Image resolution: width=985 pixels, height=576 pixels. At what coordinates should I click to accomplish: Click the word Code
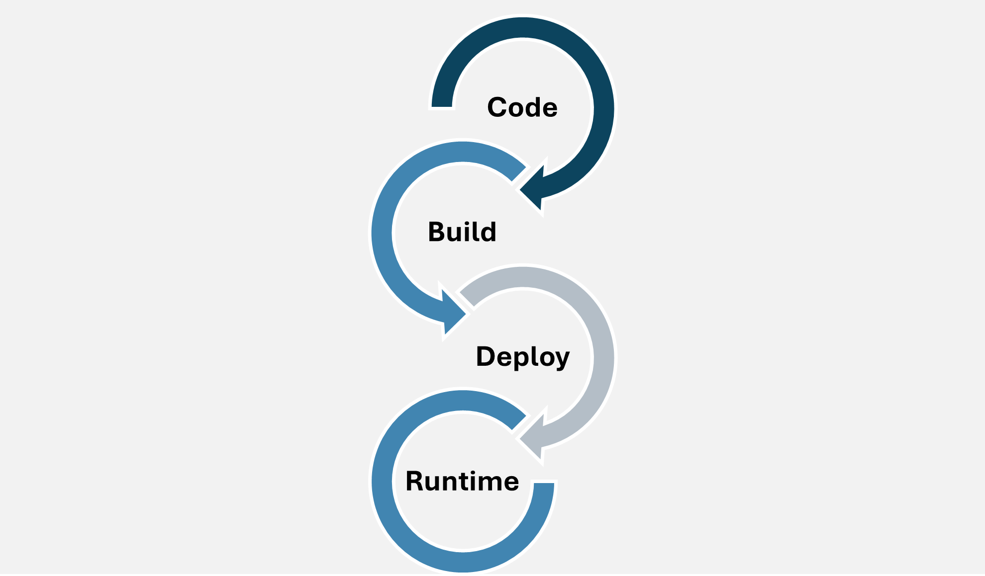click(x=522, y=107)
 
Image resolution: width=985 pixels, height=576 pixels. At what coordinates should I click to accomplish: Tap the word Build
click(x=462, y=232)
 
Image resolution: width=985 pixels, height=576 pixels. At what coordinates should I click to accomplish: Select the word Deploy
click(x=522, y=357)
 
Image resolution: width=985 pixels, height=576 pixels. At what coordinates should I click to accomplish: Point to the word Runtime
click(x=462, y=481)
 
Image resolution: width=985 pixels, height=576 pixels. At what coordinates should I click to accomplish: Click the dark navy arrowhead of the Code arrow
click(x=532, y=188)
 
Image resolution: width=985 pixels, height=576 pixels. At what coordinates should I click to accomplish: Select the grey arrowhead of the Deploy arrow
click(x=532, y=437)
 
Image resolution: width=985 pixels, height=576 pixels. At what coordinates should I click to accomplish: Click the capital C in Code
click(x=497, y=107)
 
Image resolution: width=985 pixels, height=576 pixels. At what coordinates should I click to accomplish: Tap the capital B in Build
click(x=436, y=232)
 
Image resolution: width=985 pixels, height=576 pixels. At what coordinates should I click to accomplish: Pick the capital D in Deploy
click(x=486, y=356)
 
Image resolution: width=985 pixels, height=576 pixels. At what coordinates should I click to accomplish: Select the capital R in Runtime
click(x=415, y=481)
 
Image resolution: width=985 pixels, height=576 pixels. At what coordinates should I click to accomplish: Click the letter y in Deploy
click(x=562, y=360)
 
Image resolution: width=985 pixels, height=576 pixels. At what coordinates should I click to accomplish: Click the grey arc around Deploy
click(x=604, y=358)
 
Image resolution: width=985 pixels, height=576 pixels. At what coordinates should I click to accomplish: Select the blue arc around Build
click(x=382, y=233)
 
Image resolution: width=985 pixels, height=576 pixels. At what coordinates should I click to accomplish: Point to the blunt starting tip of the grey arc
click(x=467, y=299)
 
